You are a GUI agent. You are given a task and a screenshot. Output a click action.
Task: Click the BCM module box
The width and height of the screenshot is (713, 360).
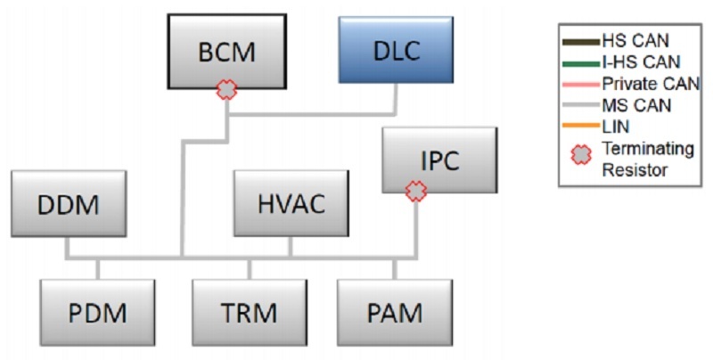point(226,51)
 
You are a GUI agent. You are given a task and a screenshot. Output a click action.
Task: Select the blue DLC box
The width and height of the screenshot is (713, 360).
point(397,51)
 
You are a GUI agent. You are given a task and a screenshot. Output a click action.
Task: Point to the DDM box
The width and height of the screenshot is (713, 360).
point(68,202)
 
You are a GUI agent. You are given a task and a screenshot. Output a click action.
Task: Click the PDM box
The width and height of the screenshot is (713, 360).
point(98,312)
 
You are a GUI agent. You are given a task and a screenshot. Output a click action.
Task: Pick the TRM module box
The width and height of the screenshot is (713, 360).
point(250,312)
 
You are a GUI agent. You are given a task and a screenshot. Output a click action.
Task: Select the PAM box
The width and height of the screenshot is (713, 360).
point(394,312)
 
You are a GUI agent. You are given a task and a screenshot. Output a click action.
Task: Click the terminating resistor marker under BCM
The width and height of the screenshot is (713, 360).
point(228,89)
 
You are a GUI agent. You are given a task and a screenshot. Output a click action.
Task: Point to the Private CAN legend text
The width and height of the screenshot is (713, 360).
point(651,84)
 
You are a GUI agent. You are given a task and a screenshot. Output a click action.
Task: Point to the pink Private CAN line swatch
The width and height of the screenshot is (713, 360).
point(581,84)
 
